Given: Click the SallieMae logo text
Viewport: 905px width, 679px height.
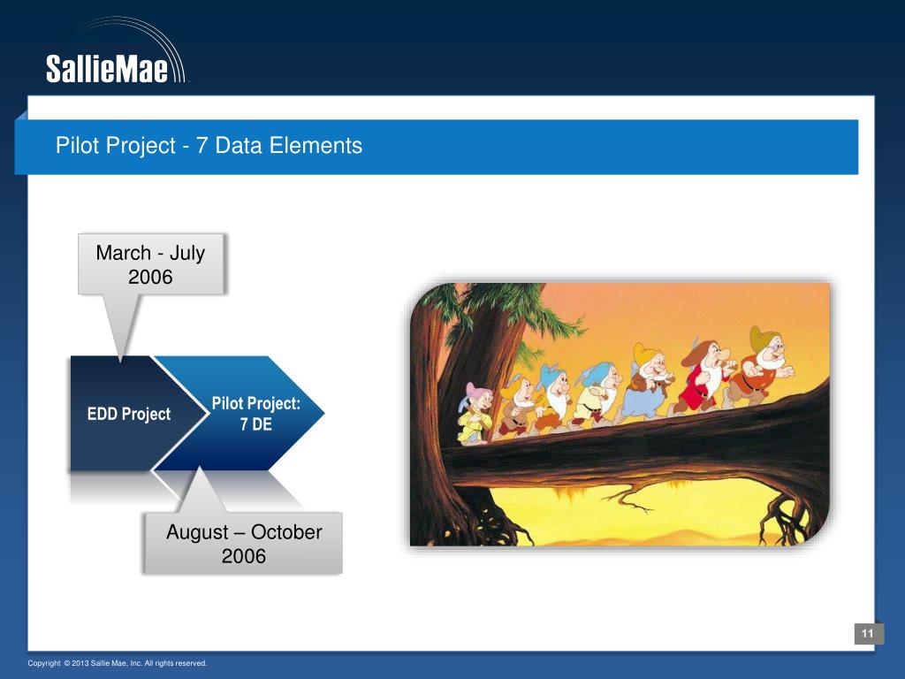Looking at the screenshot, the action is (x=107, y=69).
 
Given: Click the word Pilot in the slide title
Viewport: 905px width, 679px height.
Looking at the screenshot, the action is (x=74, y=145).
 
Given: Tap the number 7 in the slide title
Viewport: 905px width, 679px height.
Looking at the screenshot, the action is (x=202, y=145).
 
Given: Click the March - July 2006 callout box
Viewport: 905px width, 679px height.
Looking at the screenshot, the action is (x=150, y=264).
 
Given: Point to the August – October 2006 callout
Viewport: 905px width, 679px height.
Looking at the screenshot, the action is (x=244, y=544).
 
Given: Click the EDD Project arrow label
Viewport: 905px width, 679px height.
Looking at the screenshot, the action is (x=129, y=414).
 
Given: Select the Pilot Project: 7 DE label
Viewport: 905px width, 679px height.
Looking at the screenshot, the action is (x=255, y=414).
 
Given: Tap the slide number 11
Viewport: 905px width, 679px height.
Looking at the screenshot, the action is (x=868, y=633).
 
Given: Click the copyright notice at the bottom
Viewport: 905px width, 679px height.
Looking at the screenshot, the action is (x=118, y=663).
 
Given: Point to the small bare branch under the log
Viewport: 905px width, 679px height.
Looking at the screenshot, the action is (x=629, y=499).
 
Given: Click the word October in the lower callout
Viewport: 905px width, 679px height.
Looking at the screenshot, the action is (x=286, y=531).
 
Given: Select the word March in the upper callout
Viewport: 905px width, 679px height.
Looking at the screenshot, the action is (x=123, y=253).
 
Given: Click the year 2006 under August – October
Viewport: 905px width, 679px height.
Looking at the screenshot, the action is (x=244, y=556).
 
